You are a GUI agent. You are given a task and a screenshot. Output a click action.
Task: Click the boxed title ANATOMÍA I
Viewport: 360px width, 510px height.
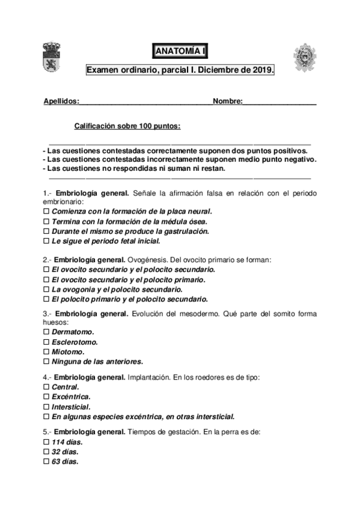pos(180,52)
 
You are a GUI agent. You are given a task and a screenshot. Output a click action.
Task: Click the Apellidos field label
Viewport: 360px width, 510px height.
pos(61,101)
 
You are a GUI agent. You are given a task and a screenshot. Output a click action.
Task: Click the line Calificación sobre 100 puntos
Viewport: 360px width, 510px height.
pos(127,126)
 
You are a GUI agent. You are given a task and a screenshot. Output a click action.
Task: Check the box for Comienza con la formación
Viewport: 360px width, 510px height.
pos(47,212)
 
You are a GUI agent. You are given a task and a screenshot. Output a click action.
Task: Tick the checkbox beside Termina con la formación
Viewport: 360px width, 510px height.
pos(47,222)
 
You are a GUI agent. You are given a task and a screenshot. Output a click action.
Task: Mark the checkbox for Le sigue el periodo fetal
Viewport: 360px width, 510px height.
pos(47,241)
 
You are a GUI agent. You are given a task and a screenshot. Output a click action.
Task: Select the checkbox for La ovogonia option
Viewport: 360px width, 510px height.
pos(47,289)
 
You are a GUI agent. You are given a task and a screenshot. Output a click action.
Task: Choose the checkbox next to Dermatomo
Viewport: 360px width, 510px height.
pos(47,333)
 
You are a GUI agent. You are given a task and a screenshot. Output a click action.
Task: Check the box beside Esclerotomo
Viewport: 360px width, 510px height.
pos(47,342)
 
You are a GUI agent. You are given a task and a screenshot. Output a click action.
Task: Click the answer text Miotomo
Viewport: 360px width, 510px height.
pos(68,352)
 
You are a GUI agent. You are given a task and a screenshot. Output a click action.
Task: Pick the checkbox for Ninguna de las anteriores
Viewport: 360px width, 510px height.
pos(47,361)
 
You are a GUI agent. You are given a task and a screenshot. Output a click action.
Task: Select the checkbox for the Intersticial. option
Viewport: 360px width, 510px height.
pos(47,407)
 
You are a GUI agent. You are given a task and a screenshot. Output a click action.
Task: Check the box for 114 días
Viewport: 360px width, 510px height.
pos(47,442)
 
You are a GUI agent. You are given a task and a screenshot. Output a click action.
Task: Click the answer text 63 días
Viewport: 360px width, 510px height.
pos(65,461)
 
